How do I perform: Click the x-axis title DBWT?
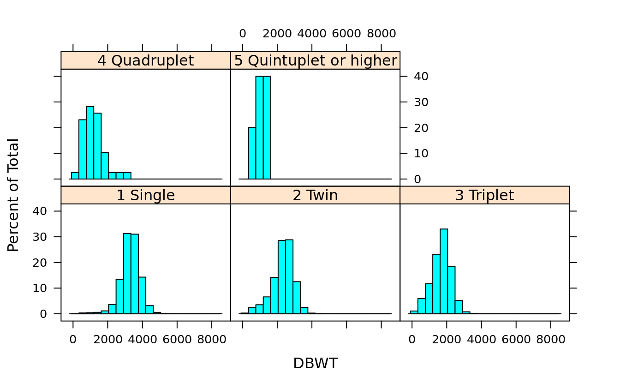coord(315,364)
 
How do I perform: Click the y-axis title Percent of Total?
coord(14,195)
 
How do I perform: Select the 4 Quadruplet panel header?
coord(145,60)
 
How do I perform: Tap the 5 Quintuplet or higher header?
coord(315,60)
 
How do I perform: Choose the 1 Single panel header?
coord(145,195)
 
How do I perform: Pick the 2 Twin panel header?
coord(315,195)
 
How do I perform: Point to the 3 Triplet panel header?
coord(484,195)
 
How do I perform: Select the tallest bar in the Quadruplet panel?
coord(90,143)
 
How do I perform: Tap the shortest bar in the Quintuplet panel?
coord(252,153)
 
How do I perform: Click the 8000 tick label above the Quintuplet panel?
coord(381,34)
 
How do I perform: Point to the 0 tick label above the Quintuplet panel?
coord(243,34)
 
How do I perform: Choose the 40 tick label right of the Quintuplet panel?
coord(418,76)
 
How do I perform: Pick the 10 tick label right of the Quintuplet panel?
coord(418,153)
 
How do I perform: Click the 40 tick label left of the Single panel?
coord(42,211)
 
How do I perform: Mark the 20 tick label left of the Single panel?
coord(42,263)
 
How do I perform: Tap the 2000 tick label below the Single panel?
coord(107,340)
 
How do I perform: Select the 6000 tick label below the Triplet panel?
coord(516,340)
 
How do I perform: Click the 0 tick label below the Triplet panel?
coord(412,340)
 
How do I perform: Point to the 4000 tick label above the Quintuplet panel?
coord(312,34)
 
